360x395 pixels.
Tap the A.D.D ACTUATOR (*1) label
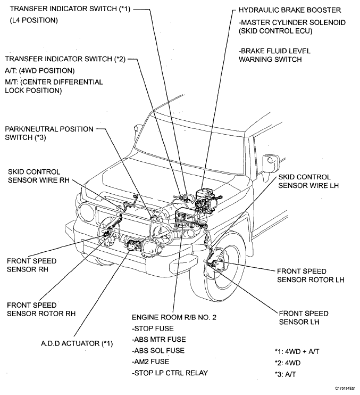[x=77, y=343]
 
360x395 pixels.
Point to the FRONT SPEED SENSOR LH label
[x=303, y=318]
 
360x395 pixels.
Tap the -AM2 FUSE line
[x=152, y=361]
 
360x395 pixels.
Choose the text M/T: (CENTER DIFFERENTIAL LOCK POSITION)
[x=54, y=86]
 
